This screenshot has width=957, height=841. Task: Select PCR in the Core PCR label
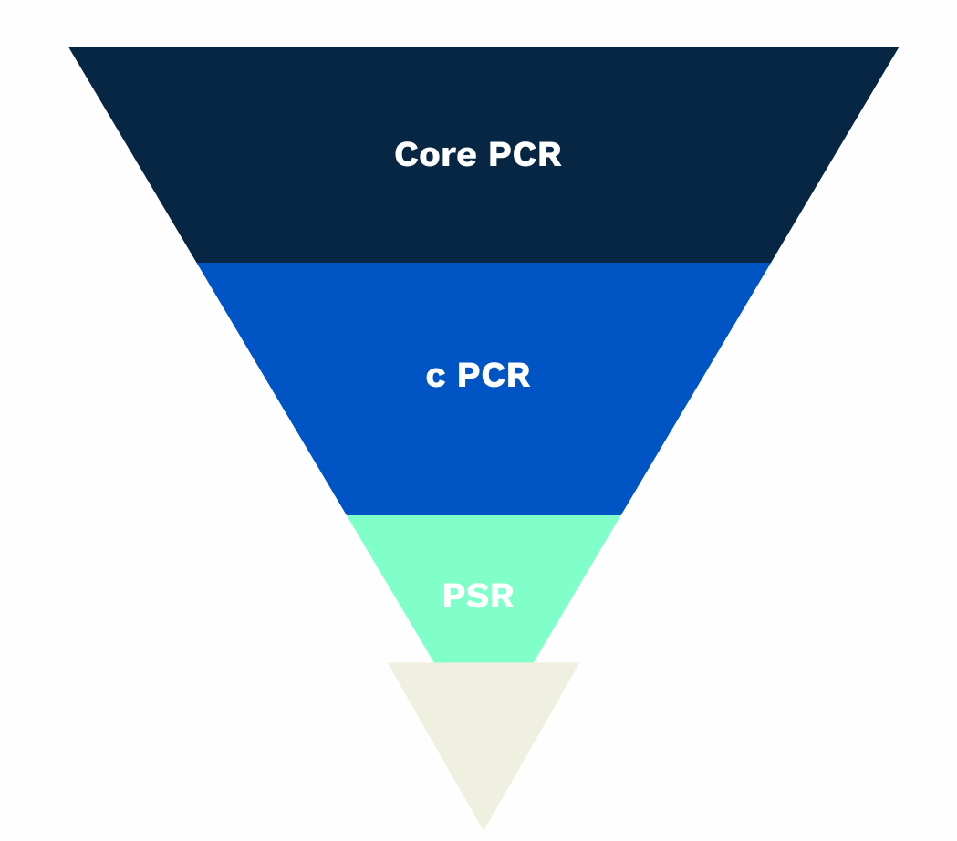coord(525,154)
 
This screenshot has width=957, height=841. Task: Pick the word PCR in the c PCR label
coord(493,375)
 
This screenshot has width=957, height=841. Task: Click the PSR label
coord(478,597)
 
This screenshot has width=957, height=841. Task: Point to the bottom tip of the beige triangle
coord(484,828)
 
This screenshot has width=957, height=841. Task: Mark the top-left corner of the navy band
coord(70,47)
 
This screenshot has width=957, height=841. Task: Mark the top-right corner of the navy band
coord(898,47)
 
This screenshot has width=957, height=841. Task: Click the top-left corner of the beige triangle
coord(390,663)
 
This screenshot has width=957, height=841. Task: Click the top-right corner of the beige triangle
coord(578,663)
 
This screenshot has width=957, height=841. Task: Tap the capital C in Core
coord(407,154)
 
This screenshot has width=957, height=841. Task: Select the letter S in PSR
coord(478,597)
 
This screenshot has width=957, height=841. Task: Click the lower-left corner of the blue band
coord(347,514)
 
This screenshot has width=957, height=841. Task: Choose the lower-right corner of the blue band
coord(620,514)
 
